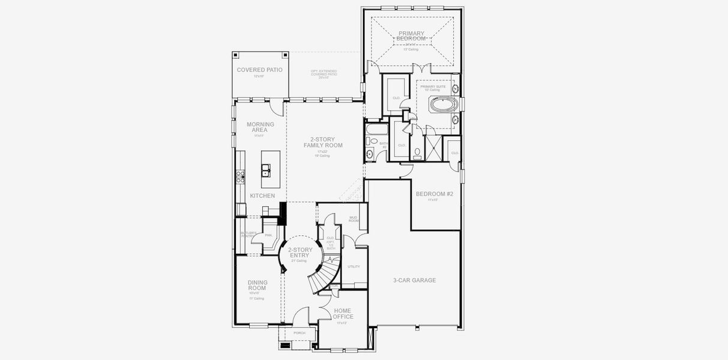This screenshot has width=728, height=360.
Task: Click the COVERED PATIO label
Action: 259,70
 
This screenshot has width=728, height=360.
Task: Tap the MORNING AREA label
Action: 260,127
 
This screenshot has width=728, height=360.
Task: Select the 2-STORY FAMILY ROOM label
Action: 322,143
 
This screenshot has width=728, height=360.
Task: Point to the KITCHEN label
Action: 262,196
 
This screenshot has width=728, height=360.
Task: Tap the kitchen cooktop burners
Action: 240,176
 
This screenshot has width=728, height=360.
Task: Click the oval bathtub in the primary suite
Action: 444,106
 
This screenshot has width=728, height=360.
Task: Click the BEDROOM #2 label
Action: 434,194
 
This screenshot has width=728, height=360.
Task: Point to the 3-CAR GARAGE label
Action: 414,280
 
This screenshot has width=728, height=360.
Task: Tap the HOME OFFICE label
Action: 343,314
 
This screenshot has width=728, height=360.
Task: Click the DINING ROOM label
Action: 257,285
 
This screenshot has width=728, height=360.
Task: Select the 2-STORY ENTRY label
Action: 299,252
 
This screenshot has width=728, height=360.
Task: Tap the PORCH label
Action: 299,333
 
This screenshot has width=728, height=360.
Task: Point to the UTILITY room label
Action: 353,266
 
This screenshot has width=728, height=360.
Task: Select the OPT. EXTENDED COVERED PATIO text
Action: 323,74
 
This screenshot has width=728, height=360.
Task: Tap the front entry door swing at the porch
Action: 302,315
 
